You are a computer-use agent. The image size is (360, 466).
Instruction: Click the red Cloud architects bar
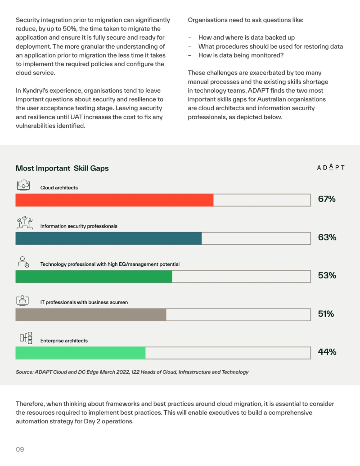114,200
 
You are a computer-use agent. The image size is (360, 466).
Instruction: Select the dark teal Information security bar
108,238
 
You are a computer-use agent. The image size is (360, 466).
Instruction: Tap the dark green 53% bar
94,276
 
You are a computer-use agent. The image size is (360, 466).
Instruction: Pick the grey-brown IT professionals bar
90,314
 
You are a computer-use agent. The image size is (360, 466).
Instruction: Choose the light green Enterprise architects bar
80,353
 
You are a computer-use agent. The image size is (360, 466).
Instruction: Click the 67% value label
327,199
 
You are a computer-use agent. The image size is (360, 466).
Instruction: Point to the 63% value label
327,237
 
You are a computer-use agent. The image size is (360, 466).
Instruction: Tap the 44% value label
327,352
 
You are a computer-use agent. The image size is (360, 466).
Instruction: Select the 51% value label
326,314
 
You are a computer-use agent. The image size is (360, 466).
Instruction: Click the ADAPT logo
331,167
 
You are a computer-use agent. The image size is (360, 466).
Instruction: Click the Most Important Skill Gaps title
62,168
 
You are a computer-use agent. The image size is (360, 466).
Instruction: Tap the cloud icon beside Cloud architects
23,185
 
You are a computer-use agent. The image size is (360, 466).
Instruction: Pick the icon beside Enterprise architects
26,338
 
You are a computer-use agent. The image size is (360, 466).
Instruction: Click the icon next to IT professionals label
22,300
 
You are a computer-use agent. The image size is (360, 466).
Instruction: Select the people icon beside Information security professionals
25,223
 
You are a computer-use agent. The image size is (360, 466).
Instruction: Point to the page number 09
20,449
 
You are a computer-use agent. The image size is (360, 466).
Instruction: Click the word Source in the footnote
24,372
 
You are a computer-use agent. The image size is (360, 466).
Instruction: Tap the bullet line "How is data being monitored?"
241,55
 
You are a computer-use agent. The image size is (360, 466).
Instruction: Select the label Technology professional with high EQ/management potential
110,264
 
